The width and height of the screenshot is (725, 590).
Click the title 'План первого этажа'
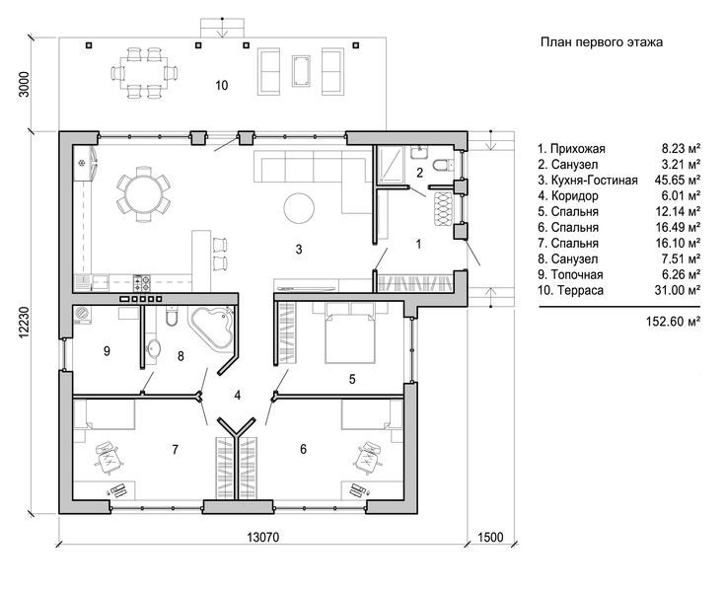pos(602,42)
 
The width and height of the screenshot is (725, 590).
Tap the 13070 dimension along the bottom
pos(263,538)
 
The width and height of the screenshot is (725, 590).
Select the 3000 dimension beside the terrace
pos(24,84)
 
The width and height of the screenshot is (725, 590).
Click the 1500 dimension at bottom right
pos(490,538)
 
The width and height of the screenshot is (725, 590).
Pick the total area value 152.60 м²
pos(673,322)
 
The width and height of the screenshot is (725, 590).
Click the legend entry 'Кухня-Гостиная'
pos(594,181)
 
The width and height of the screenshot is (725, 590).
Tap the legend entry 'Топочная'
pos(577,274)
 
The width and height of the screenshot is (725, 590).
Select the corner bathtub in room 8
pos(211,329)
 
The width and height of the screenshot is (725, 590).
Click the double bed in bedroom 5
pos(349,332)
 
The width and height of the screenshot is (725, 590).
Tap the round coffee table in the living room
pos(299,208)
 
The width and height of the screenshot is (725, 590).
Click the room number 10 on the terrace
pos(222,85)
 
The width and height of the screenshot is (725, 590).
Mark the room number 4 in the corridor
pos(238,396)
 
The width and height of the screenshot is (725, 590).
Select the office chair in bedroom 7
pos(109,458)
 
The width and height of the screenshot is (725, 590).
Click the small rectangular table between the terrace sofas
pos(301,70)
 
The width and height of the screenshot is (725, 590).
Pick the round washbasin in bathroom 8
pos(153,347)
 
